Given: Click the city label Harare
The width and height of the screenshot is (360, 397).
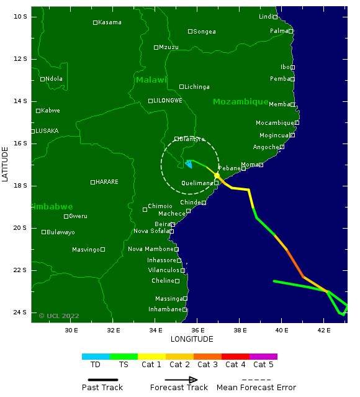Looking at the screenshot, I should click(x=107, y=182).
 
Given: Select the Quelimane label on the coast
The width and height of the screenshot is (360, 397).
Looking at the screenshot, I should click(x=197, y=183).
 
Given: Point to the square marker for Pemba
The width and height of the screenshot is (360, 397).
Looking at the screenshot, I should click(x=292, y=79).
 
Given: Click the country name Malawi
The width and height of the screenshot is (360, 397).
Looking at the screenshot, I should click(x=151, y=80).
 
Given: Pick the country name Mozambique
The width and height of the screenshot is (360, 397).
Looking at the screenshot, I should click(x=240, y=101).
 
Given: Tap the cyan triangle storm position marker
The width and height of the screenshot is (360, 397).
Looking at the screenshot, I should click(x=188, y=163).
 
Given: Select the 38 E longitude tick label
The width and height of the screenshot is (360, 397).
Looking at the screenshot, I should click(x=240, y=330).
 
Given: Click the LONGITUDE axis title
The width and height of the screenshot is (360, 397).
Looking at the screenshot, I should click(x=192, y=339).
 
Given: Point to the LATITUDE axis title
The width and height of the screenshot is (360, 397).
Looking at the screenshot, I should click(x=6, y=164).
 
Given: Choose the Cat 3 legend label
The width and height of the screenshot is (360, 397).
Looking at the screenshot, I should click(x=207, y=365).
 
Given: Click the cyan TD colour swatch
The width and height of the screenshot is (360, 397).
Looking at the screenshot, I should click(x=96, y=357).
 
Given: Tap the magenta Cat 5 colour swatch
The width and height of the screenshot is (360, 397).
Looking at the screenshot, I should click(x=263, y=357).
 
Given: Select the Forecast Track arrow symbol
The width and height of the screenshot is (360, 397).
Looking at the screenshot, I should click(x=181, y=380).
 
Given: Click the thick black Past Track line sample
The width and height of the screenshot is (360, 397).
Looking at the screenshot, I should click(x=102, y=380).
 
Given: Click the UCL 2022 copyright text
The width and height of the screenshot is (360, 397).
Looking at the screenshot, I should click(x=59, y=316).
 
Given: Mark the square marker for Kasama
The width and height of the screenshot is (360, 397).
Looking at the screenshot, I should click(x=95, y=22).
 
